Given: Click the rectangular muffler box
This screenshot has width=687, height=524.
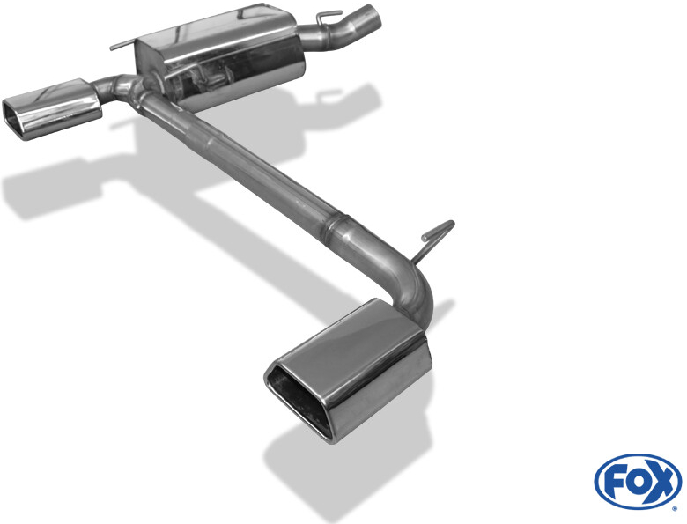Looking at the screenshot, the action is pos(219,57).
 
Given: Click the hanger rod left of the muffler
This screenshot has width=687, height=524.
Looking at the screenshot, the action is pos(123,45).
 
